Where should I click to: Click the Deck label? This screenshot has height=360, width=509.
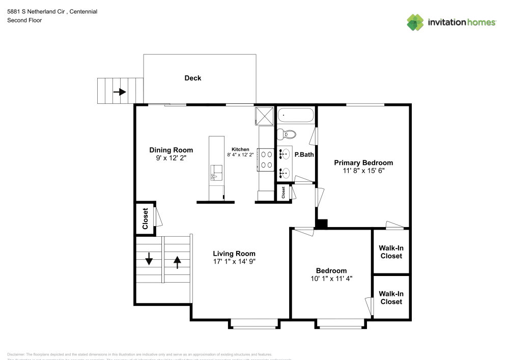click(x=192, y=78)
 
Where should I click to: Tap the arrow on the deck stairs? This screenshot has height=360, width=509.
click(x=120, y=92)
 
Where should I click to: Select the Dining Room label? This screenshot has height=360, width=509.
click(x=171, y=150)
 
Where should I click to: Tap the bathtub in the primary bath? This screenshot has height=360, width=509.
click(x=296, y=116)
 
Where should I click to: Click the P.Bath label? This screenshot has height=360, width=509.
click(x=304, y=154)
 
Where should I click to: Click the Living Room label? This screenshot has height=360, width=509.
click(x=234, y=254)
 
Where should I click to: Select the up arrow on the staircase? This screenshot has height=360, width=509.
click(x=177, y=261)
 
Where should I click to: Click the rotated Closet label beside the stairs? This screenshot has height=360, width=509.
click(x=145, y=218)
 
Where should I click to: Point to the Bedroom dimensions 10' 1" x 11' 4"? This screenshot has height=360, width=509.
click(x=331, y=279)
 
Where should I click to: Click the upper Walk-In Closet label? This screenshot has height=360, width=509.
click(x=391, y=252)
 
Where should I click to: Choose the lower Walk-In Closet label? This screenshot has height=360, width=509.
click(x=391, y=297)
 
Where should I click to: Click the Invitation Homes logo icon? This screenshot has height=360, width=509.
click(x=415, y=22)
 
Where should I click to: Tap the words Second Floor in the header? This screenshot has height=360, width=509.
click(x=24, y=20)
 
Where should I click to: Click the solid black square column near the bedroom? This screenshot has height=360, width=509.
click(x=322, y=224)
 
